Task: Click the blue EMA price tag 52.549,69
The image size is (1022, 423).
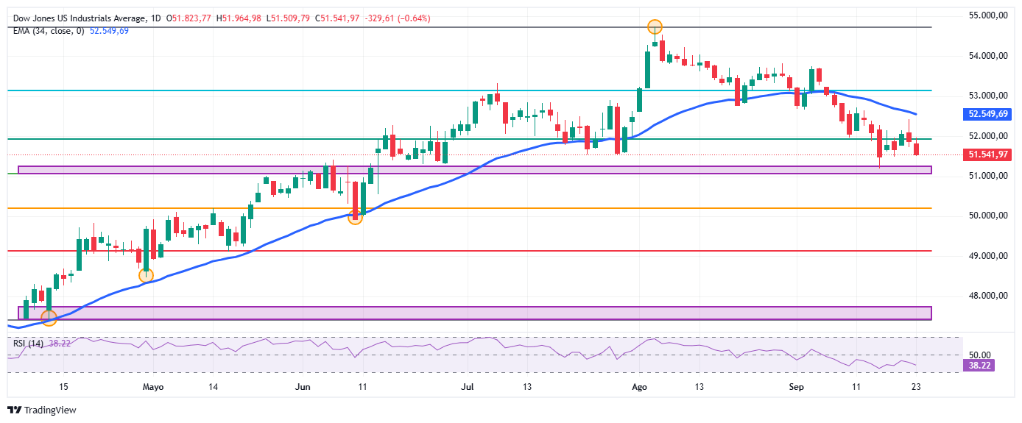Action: pyautogui.click(x=987, y=114)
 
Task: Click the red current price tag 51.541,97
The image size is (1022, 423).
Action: pyautogui.click(x=987, y=154)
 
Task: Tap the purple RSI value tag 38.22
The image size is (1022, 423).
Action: pyautogui.click(x=979, y=366)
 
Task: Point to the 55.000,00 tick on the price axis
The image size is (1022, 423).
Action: pyautogui.click(x=988, y=15)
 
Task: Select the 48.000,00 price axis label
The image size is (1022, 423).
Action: pyautogui.click(x=988, y=296)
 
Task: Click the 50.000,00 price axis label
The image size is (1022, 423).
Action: pyautogui.click(x=988, y=216)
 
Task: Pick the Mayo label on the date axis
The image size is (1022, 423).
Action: pyautogui.click(x=153, y=387)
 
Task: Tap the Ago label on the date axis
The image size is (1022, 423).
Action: pyautogui.click(x=639, y=387)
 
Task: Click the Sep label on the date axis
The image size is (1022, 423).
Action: pyautogui.click(x=796, y=387)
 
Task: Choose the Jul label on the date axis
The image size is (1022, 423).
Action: pyautogui.click(x=468, y=387)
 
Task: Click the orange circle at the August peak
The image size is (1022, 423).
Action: pyautogui.click(x=655, y=27)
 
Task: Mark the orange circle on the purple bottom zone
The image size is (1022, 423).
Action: pyautogui.click(x=49, y=318)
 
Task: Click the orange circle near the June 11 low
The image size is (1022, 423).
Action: pyautogui.click(x=355, y=218)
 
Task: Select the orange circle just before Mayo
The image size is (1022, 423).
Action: pyautogui.click(x=146, y=275)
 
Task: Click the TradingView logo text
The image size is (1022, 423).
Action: pyautogui.click(x=50, y=410)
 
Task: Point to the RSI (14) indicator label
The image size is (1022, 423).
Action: pyautogui.click(x=28, y=344)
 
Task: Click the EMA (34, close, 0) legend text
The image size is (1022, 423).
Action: pyautogui.click(x=49, y=31)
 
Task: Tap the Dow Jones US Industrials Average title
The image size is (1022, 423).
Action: pyautogui.click(x=80, y=18)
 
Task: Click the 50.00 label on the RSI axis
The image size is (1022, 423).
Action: pyautogui.click(x=979, y=355)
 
